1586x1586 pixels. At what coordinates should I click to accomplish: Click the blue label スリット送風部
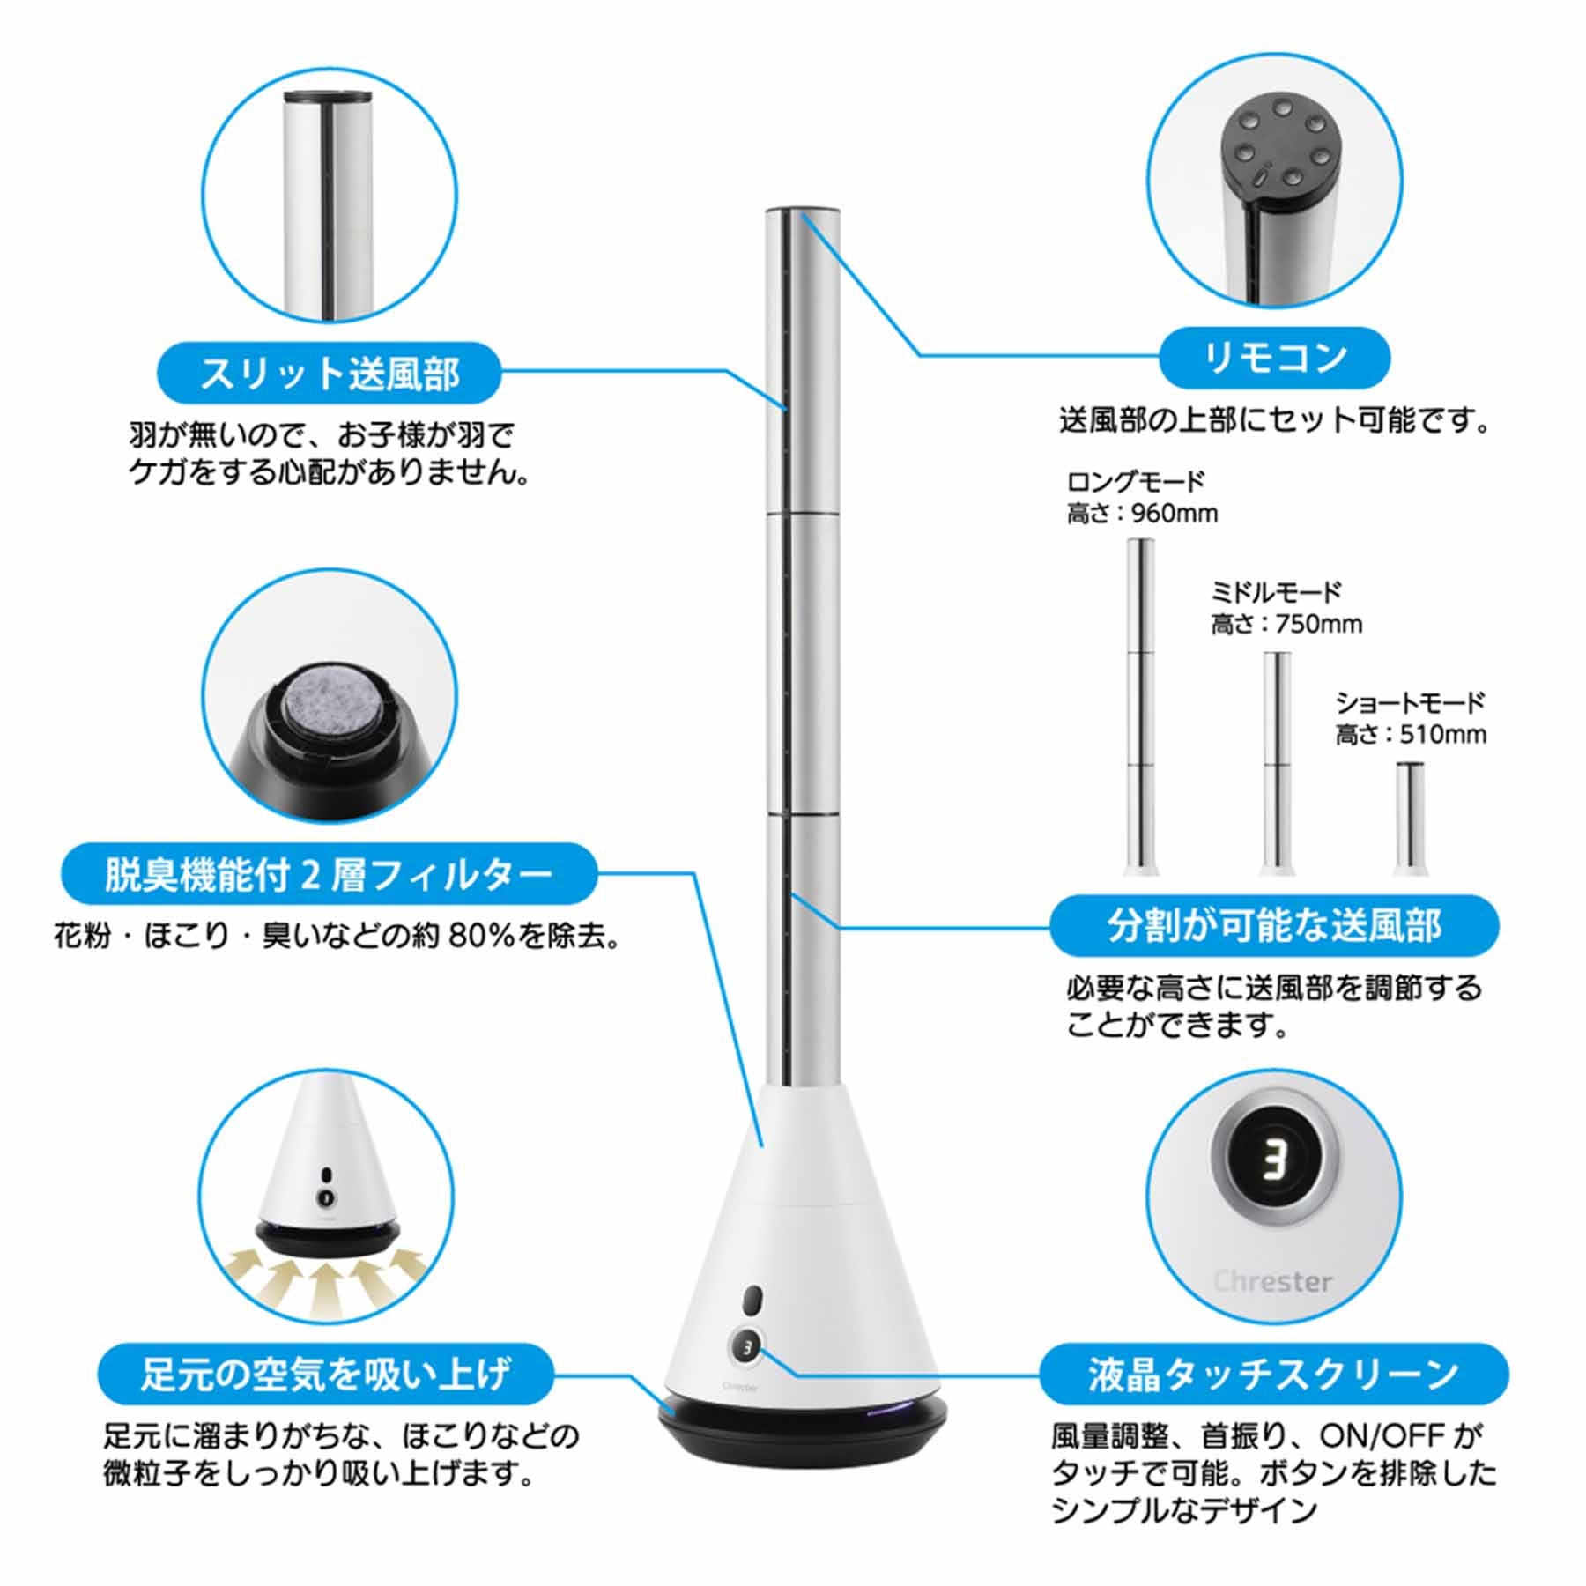pyautogui.click(x=329, y=373)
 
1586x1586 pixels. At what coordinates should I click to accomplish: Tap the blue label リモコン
pyautogui.click(x=1274, y=358)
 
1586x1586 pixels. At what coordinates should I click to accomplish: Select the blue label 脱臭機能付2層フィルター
pyautogui.click(x=329, y=874)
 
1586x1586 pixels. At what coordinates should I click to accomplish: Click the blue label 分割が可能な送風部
pyautogui.click(x=1274, y=925)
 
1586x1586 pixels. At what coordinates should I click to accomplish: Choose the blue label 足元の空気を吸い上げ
pyautogui.click(x=325, y=1374)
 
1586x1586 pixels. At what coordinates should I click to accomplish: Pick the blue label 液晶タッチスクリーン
pyautogui.click(x=1274, y=1374)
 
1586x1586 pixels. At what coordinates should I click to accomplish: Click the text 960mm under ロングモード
pyautogui.click(x=1175, y=513)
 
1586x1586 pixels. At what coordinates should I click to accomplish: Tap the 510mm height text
pyautogui.click(x=1443, y=734)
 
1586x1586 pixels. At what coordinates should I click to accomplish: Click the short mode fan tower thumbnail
pyautogui.click(x=1410, y=819)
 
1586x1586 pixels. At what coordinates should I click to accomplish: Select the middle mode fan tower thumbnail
pyautogui.click(x=1277, y=764)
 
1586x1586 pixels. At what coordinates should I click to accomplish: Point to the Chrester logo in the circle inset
pyautogui.click(x=1272, y=1281)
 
